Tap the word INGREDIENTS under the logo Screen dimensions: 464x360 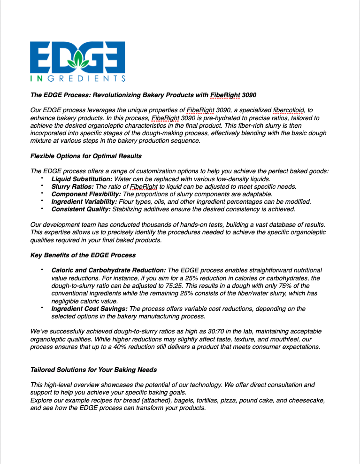(x=77, y=78)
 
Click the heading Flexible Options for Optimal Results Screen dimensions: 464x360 (x=86, y=156)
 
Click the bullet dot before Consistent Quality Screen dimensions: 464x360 (x=42, y=208)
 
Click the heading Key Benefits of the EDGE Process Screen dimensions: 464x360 (x=83, y=255)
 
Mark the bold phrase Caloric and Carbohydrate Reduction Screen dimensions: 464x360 (x=108, y=271)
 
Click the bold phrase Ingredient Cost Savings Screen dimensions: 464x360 (x=89, y=309)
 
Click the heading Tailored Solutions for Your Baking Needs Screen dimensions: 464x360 (x=93, y=370)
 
